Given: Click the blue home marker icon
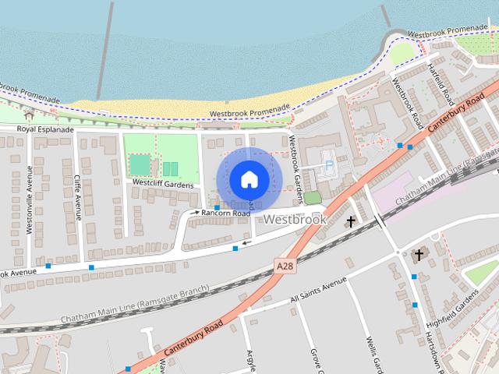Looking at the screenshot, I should tap(248, 179).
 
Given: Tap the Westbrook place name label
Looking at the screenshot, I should tap(295, 220).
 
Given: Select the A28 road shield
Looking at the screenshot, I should tap(285, 266).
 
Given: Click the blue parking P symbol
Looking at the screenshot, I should tap(328, 166).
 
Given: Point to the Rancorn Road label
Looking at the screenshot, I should tap(225, 213).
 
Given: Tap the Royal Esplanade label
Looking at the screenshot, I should tap(46, 129).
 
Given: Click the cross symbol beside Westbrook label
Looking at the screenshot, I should tap(351, 222).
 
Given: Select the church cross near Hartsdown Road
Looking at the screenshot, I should tap(419, 255).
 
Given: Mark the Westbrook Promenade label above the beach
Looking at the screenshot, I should tap(249, 113).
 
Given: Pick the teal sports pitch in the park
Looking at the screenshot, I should tap(140, 164).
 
